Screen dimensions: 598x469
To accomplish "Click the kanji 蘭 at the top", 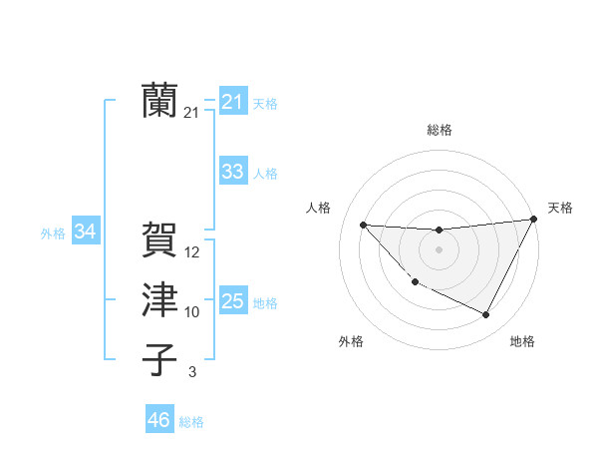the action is (x=159, y=100).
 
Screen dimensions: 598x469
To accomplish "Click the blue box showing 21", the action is (x=232, y=102).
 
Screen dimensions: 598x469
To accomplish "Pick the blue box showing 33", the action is (x=232, y=172).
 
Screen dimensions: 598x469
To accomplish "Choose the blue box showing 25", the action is (x=232, y=301).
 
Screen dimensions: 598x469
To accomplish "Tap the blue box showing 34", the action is (x=85, y=232).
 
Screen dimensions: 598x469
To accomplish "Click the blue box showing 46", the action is (x=158, y=420).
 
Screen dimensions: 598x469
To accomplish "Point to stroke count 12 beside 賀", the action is (x=192, y=253).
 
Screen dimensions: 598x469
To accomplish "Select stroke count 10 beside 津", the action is (x=192, y=312).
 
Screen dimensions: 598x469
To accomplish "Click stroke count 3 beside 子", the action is (x=192, y=372).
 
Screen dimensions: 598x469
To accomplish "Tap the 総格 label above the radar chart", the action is (x=439, y=130).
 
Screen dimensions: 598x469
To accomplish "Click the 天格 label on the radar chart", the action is (x=560, y=208).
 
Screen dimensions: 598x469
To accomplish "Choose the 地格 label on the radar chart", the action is (x=522, y=341).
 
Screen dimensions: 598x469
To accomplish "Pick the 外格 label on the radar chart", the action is (x=351, y=341).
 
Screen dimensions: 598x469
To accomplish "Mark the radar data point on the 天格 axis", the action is (x=533, y=220).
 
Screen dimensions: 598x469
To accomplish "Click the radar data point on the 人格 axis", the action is (x=363, y=225).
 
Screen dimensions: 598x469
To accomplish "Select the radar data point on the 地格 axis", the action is (x=486, y=315).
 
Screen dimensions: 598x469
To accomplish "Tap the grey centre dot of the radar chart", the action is (x=439, y=249).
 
